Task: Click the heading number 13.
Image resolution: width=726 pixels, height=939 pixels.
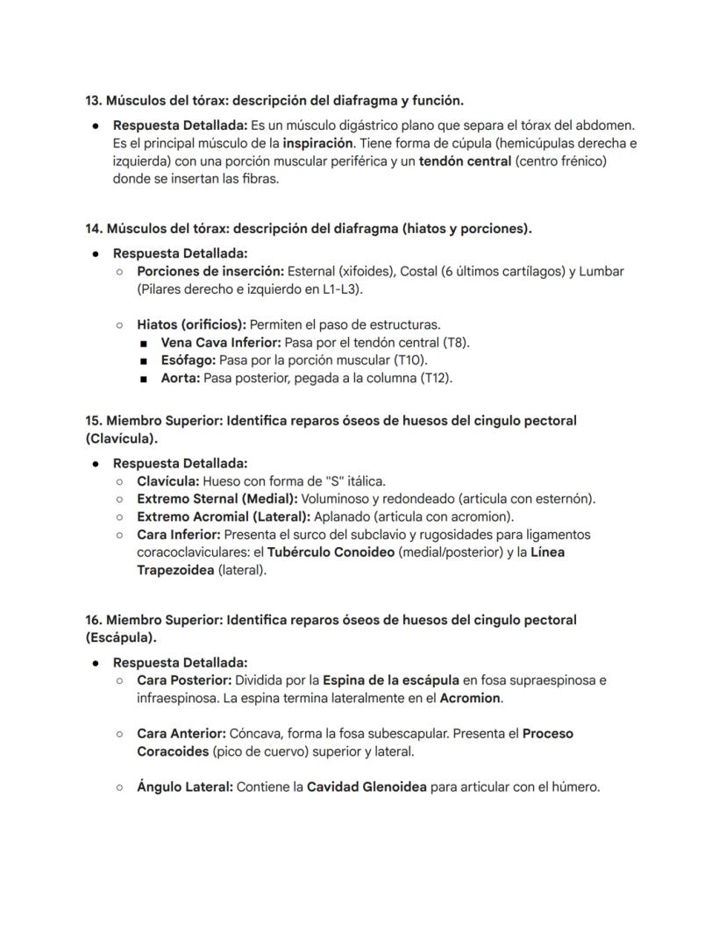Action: [x=93, y=101]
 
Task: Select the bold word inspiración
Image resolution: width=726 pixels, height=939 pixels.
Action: [x=318, y=143]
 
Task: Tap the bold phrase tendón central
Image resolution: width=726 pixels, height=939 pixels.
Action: [x=465, y=161]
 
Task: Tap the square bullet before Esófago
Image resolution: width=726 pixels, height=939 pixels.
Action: [x=143, y=361]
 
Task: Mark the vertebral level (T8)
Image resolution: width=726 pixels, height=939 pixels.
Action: [x=453, y=343]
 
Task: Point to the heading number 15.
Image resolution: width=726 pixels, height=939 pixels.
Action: [x=93, y=421]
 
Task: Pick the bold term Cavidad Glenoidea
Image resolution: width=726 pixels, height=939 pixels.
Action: [x=367, y=787]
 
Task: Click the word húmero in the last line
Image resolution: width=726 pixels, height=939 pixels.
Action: [x=576, y=787]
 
